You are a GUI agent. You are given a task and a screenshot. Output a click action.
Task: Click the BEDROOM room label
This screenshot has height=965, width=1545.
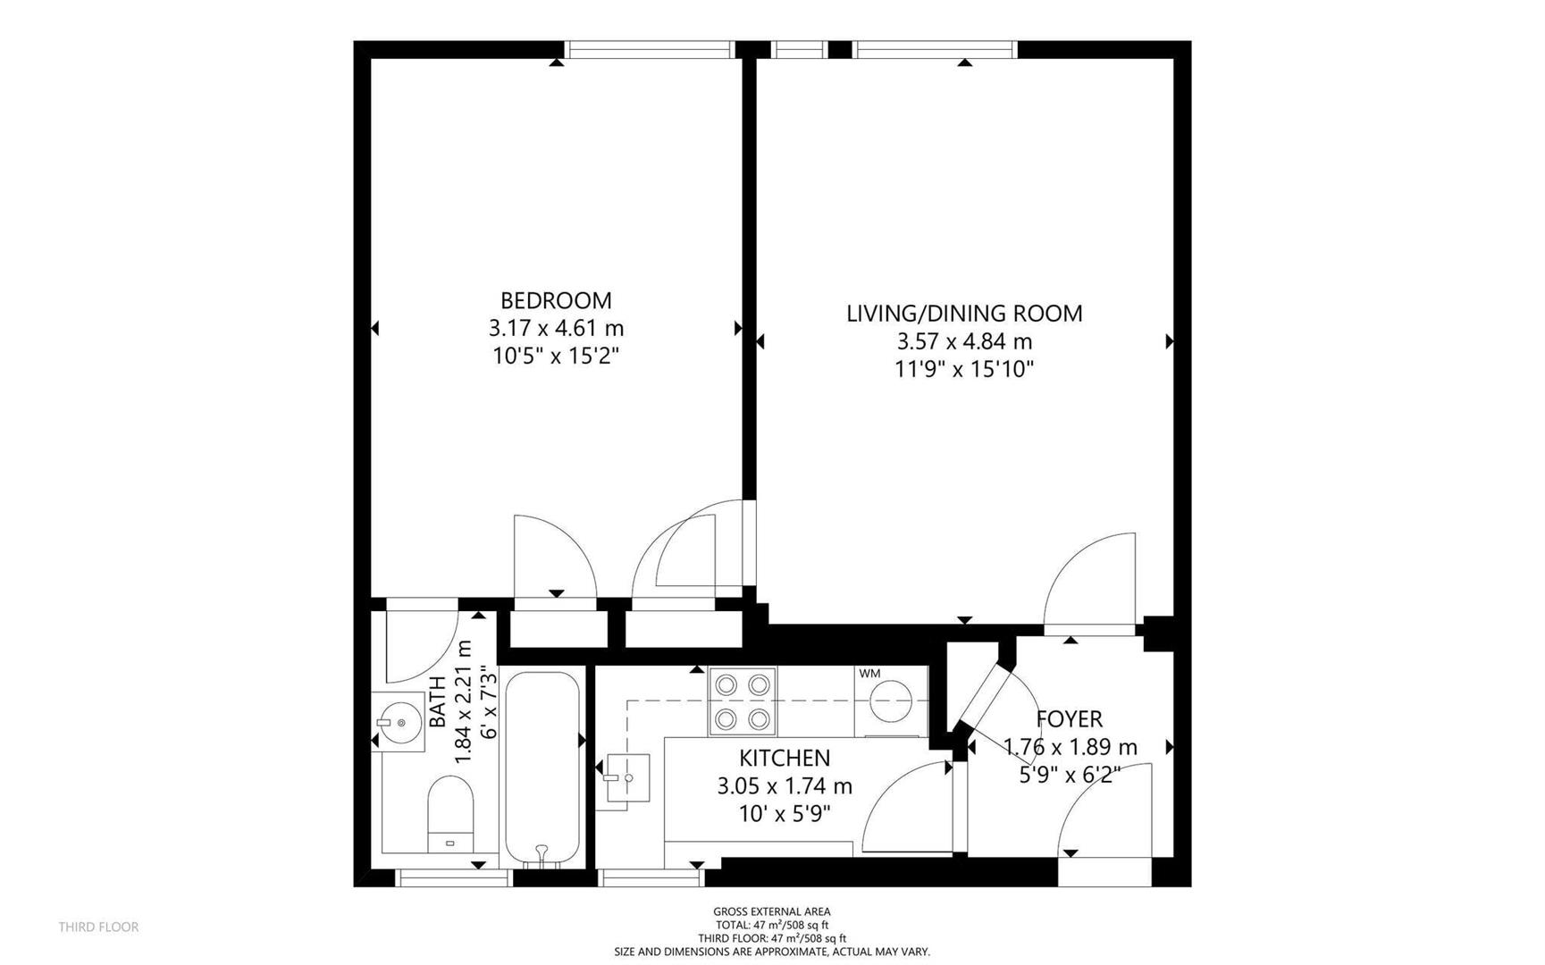click(x=556, y=300)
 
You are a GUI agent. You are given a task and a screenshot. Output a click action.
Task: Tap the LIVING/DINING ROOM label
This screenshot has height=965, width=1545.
click(x=964, y=314)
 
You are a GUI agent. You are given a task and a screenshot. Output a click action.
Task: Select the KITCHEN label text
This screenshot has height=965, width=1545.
click(x=785, y=759)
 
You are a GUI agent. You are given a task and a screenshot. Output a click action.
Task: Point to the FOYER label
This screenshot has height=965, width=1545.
click(x=1070, y=719)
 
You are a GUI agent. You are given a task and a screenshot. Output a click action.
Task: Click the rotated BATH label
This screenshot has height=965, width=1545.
click(x=438, y=701)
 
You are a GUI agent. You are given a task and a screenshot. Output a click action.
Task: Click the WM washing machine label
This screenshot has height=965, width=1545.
click(x=869, y=674)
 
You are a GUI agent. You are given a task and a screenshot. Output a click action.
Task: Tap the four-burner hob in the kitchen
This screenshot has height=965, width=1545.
click(x=743, y=701)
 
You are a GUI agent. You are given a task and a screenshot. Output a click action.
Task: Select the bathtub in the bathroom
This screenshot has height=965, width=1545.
click(x=542, y=768)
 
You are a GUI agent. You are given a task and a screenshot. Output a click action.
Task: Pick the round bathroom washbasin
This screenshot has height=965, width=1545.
click(x=399, y=720)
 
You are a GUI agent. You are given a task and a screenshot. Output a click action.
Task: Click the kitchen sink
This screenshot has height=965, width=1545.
click(x=627, y=779)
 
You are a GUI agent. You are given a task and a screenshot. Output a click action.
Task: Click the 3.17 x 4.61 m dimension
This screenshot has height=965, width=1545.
click(x=556, y=329)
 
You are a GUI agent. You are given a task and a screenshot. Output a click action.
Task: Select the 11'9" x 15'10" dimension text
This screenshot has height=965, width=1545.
click(x=964, y=369)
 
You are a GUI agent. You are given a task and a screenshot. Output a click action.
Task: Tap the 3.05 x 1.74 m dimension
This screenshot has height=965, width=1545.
click(x=785, y=786)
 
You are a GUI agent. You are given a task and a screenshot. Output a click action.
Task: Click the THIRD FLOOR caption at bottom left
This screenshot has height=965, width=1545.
click(x=98, y=927)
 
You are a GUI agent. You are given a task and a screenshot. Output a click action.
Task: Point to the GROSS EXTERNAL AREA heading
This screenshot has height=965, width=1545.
click(x=772, y=912)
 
